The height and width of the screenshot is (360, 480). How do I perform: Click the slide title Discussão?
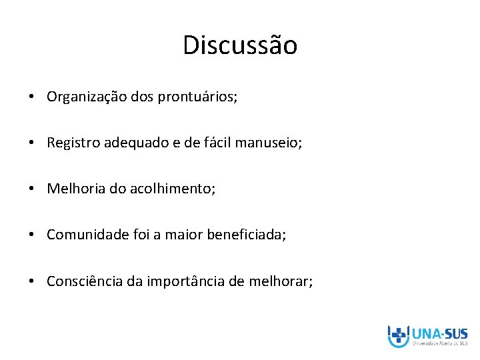point(240,46)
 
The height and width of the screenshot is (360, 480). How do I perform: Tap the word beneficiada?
point(246,235)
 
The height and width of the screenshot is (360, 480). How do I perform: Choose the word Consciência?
point(84,281)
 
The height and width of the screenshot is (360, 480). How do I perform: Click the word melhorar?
point(280,281)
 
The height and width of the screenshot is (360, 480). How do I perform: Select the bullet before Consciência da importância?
point(33,282)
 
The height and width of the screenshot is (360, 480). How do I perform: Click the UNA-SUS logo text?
point(440,333)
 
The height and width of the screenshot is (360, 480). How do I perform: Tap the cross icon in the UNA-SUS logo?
point(399,335)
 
